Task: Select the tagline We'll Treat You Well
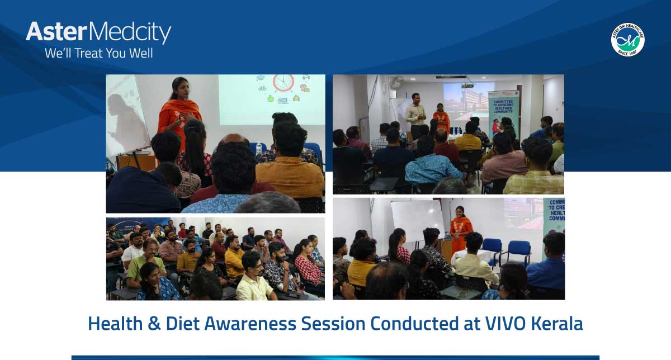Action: tap(98, 54)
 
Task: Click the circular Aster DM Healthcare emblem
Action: tap(627, 40)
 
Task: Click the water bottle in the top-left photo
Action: tap(258, 149)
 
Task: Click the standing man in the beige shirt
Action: tap(415, 115)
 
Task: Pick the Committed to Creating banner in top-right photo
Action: tap(503, 112)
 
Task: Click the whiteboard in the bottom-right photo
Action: tap(417, 220)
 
